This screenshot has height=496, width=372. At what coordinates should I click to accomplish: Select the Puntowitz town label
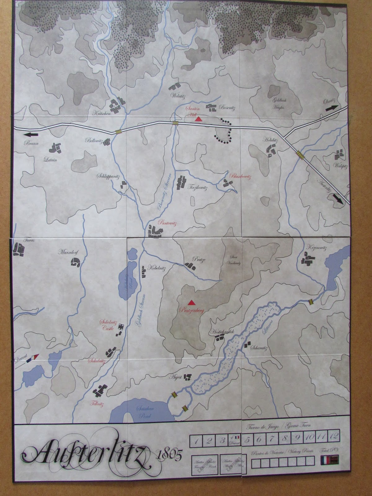click(x=165, y=222)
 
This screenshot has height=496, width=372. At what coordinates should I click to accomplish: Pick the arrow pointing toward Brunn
click(x=32, y=135)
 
